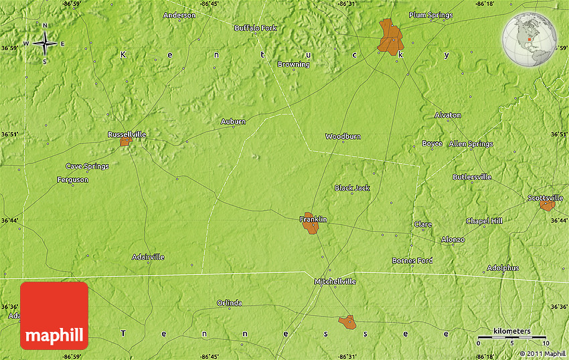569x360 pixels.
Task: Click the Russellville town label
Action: (127, 134)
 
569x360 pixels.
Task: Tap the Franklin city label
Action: (313, 219)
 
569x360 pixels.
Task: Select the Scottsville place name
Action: (546, 198)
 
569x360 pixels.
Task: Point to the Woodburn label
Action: (343, 137)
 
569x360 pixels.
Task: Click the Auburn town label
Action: (233, 122)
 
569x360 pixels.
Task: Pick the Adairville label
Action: (148, 257)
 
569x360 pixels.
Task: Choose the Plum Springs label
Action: (430, 15)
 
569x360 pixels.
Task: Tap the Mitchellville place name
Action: (335, 282)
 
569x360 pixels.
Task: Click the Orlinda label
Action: (229, 303)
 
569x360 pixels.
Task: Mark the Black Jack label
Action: (352, 188)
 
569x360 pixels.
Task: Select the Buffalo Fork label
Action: (255, 28)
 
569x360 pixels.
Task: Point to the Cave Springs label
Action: (87, 166)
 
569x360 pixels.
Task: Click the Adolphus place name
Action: (503, 268)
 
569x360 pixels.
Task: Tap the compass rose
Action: (45, 44)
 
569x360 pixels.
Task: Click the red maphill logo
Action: (54, 315)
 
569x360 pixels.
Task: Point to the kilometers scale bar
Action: (511, 336)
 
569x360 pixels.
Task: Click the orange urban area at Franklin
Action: (311, 226)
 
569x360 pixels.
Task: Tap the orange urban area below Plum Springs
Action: (390, 37)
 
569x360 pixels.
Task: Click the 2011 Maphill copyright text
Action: (542, 353)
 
